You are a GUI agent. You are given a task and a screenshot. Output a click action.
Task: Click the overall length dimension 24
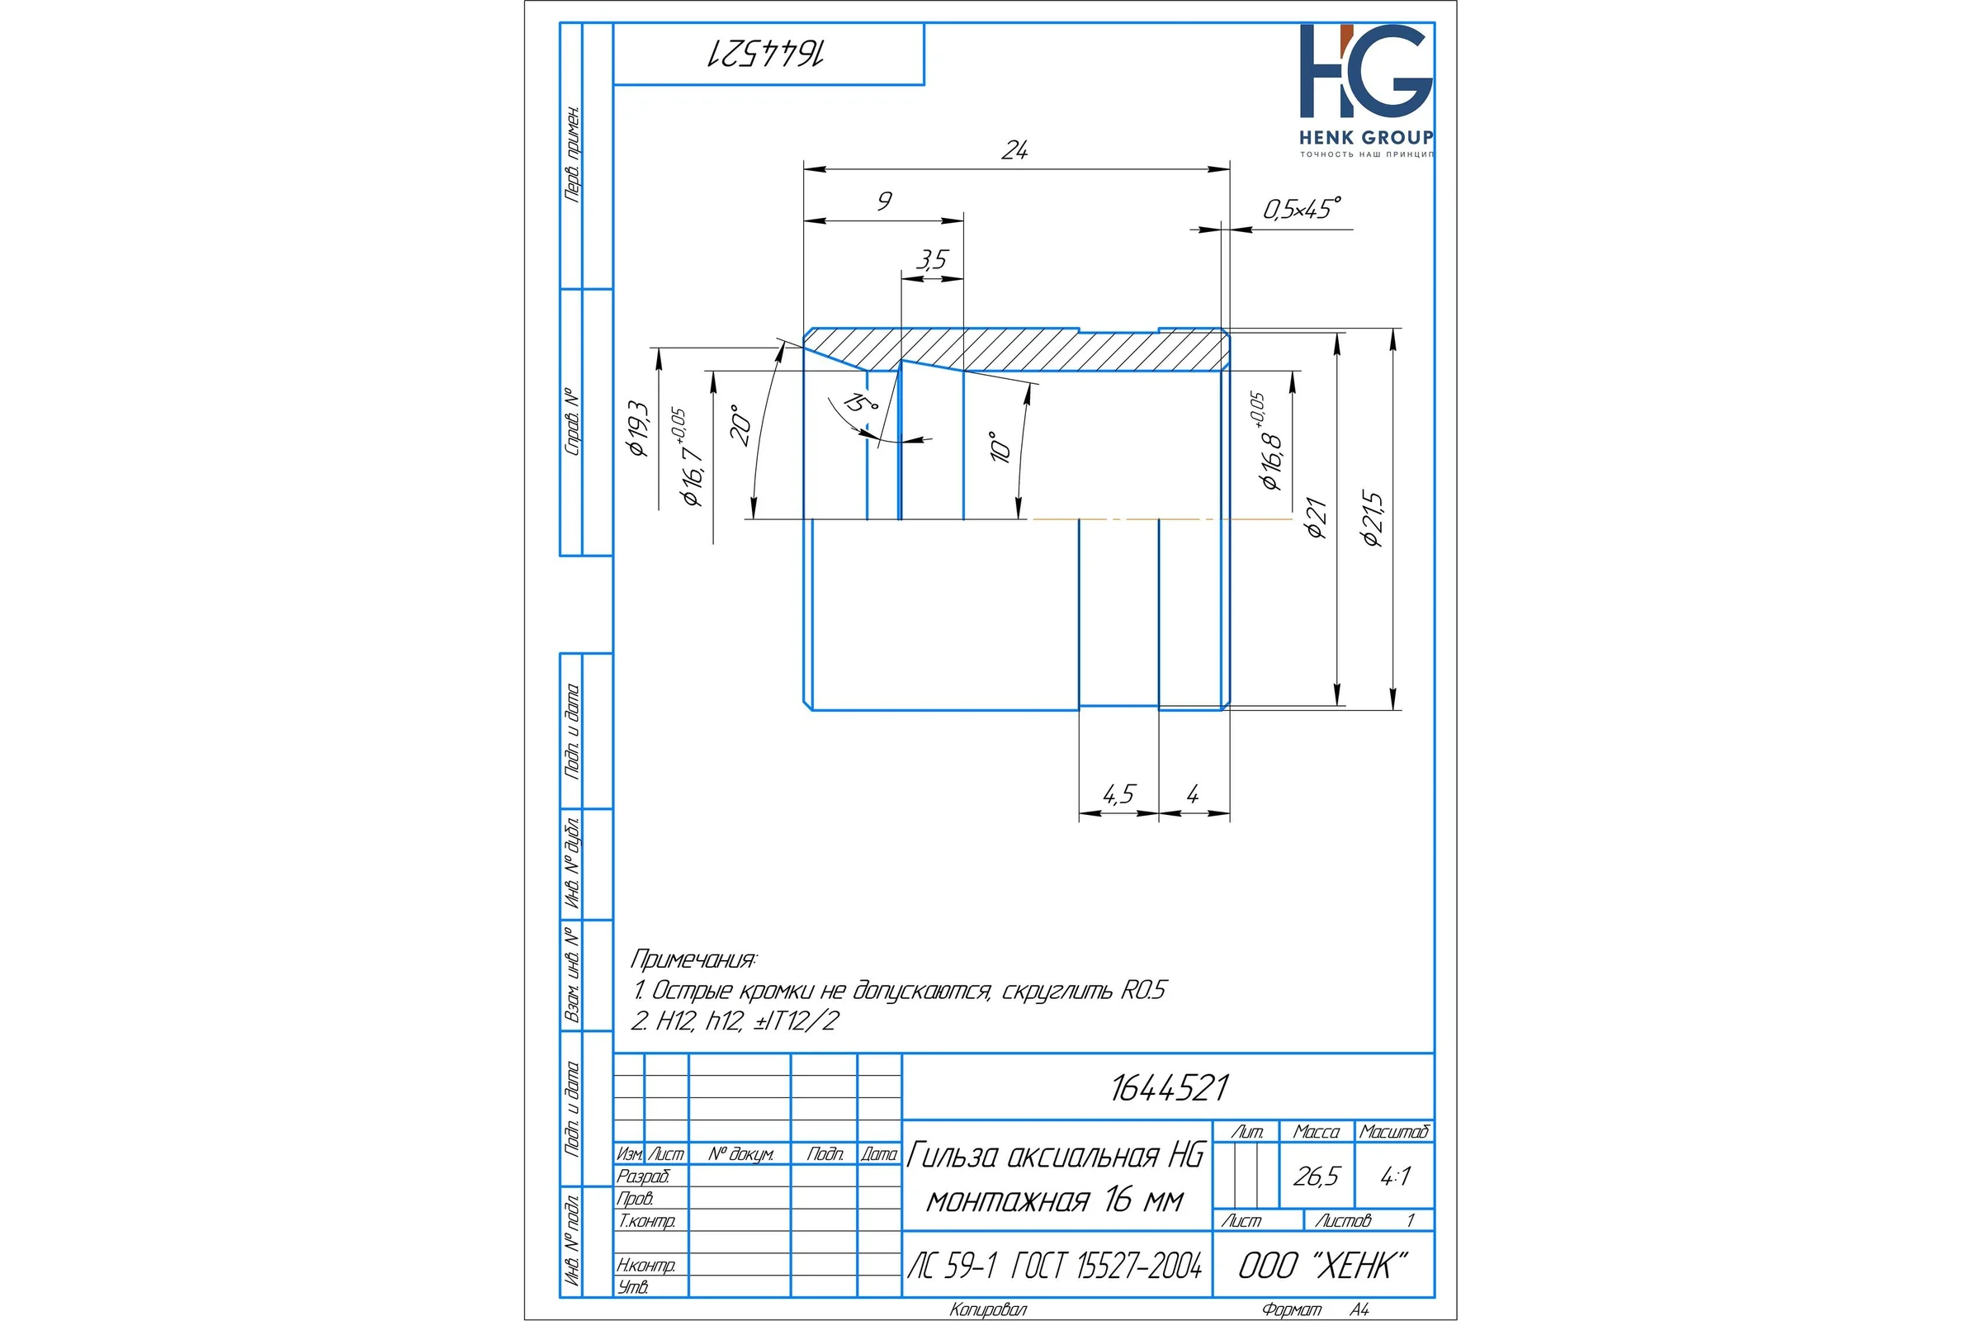coord(1014,150)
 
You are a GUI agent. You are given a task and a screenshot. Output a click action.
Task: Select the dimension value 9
coord(883,201)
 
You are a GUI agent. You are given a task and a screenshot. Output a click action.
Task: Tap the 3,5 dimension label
coord(933,259)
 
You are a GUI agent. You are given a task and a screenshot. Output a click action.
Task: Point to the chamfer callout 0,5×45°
coord(1302,208)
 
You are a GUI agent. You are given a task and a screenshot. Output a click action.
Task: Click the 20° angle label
coord(740,425)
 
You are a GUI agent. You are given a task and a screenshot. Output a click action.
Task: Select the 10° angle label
coord(1000,447)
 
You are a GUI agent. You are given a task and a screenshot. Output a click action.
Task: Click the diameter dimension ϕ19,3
coord(638,428)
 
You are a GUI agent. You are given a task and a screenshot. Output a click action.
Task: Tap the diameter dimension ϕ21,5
coord(1373,519)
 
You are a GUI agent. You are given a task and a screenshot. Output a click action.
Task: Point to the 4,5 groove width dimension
coord(1118,793)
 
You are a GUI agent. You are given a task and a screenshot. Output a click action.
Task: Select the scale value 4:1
coord(1395,1176)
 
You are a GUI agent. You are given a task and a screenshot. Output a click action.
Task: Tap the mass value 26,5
coord(1316,1176)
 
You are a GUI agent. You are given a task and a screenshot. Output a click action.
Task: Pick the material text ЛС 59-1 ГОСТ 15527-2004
coord(1055,1266)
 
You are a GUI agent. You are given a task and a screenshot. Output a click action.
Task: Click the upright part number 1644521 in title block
coord(1169,1087)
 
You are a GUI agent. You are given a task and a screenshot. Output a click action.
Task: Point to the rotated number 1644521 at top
coord(765,53)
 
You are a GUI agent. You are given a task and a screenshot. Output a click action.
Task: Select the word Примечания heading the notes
coord(693,959)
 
